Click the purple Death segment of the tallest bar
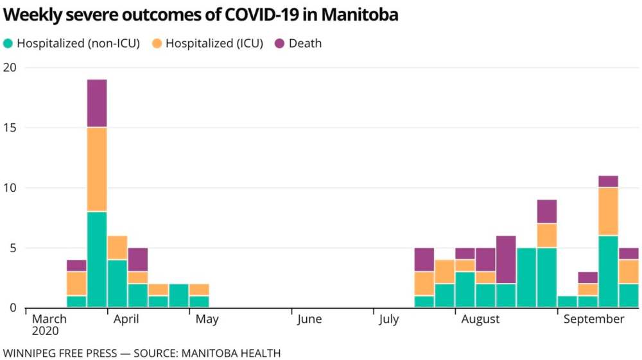(97, 103)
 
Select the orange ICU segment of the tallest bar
(97, 169)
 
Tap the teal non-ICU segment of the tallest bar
(97, 259)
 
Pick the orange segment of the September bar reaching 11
(608, 212)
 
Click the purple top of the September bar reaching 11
(608, 181)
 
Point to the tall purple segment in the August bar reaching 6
(506, 259)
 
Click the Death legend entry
(305, 44)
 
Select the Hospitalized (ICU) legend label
(214, 44)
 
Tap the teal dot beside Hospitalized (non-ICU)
(8, 44)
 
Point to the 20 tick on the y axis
(10, 67)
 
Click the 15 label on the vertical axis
(10, 128)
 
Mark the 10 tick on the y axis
(10, 188)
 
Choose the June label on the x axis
(309, 320)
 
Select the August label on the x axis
(480, 320)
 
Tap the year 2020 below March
(46, 332)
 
